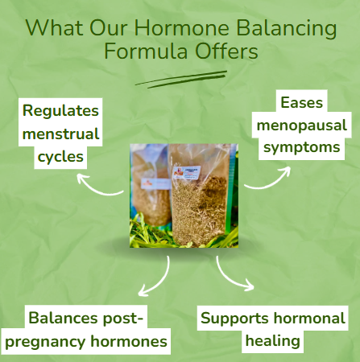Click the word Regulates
coord(60,110)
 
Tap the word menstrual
coord(60,133)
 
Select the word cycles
coord(60,155)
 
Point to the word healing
coord(274,341)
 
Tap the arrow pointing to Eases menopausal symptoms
coord(268,179)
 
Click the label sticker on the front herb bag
coord(190,172)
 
